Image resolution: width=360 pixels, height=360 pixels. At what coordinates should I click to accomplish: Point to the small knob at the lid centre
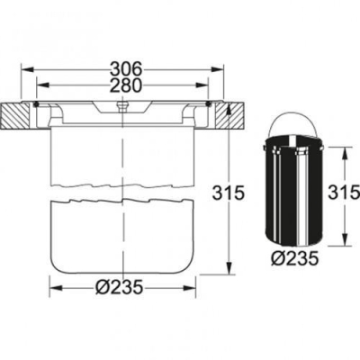(120, 105)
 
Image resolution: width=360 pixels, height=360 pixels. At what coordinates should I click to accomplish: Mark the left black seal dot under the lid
(36, 104)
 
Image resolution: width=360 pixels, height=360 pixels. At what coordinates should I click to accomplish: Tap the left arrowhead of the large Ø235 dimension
(51, 288)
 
